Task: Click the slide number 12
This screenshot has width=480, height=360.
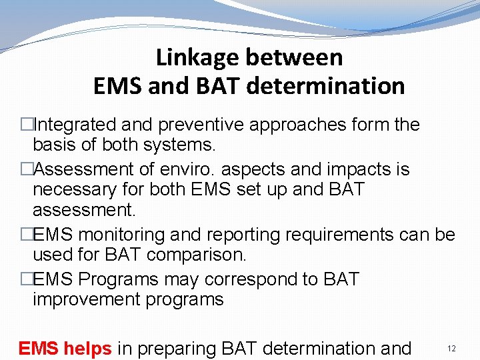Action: pyautogui.click(x=451, y=349)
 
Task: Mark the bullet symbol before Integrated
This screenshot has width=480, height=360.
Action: pyautogui.click(x=27, y=125)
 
